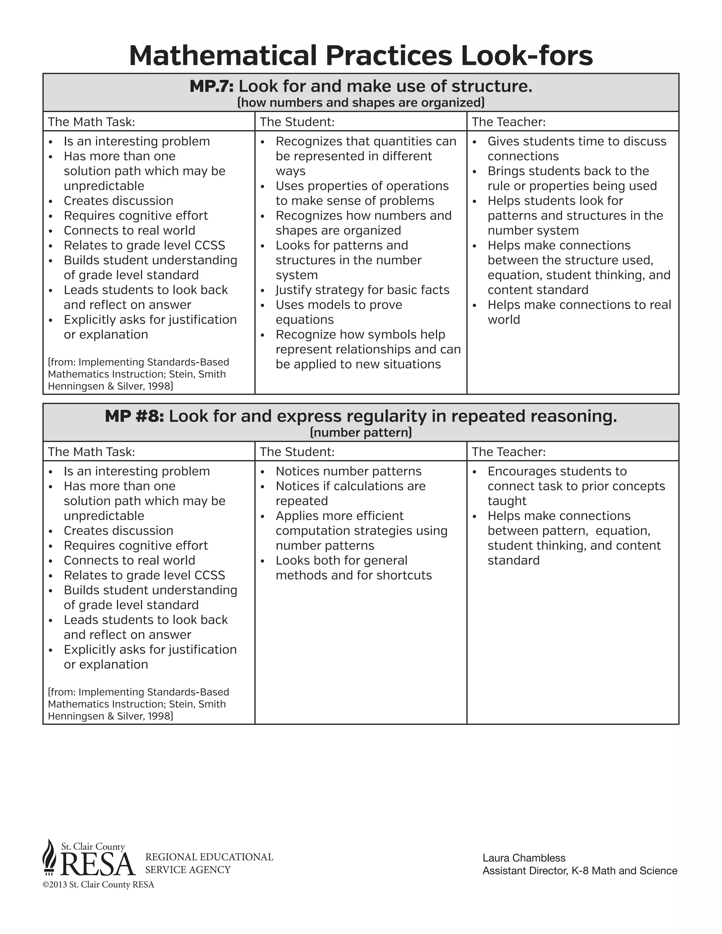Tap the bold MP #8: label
click(134, 417)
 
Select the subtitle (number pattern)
click(361, 433)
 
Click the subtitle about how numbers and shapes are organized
click(361, 103)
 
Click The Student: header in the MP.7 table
click(297, 122)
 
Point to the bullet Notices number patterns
click(348, 471)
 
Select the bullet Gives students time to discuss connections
click(576, 148)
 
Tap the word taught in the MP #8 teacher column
click(507, 501)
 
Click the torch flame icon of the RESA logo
click(50, 855)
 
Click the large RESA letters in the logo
click(98, 864)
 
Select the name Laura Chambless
click(524, 858)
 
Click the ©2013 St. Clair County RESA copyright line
click(98, 885)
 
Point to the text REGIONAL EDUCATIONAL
click(209, 857)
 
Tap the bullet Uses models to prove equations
click(338, 312)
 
